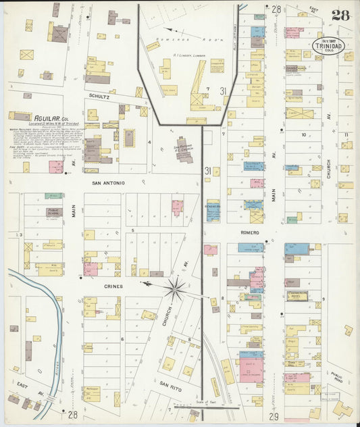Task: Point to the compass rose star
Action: coord(175,288)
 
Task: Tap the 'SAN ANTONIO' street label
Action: coord(108,182)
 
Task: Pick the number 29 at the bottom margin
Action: coord(274,415)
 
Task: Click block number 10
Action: coord(305,134)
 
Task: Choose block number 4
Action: coord(149,142)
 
